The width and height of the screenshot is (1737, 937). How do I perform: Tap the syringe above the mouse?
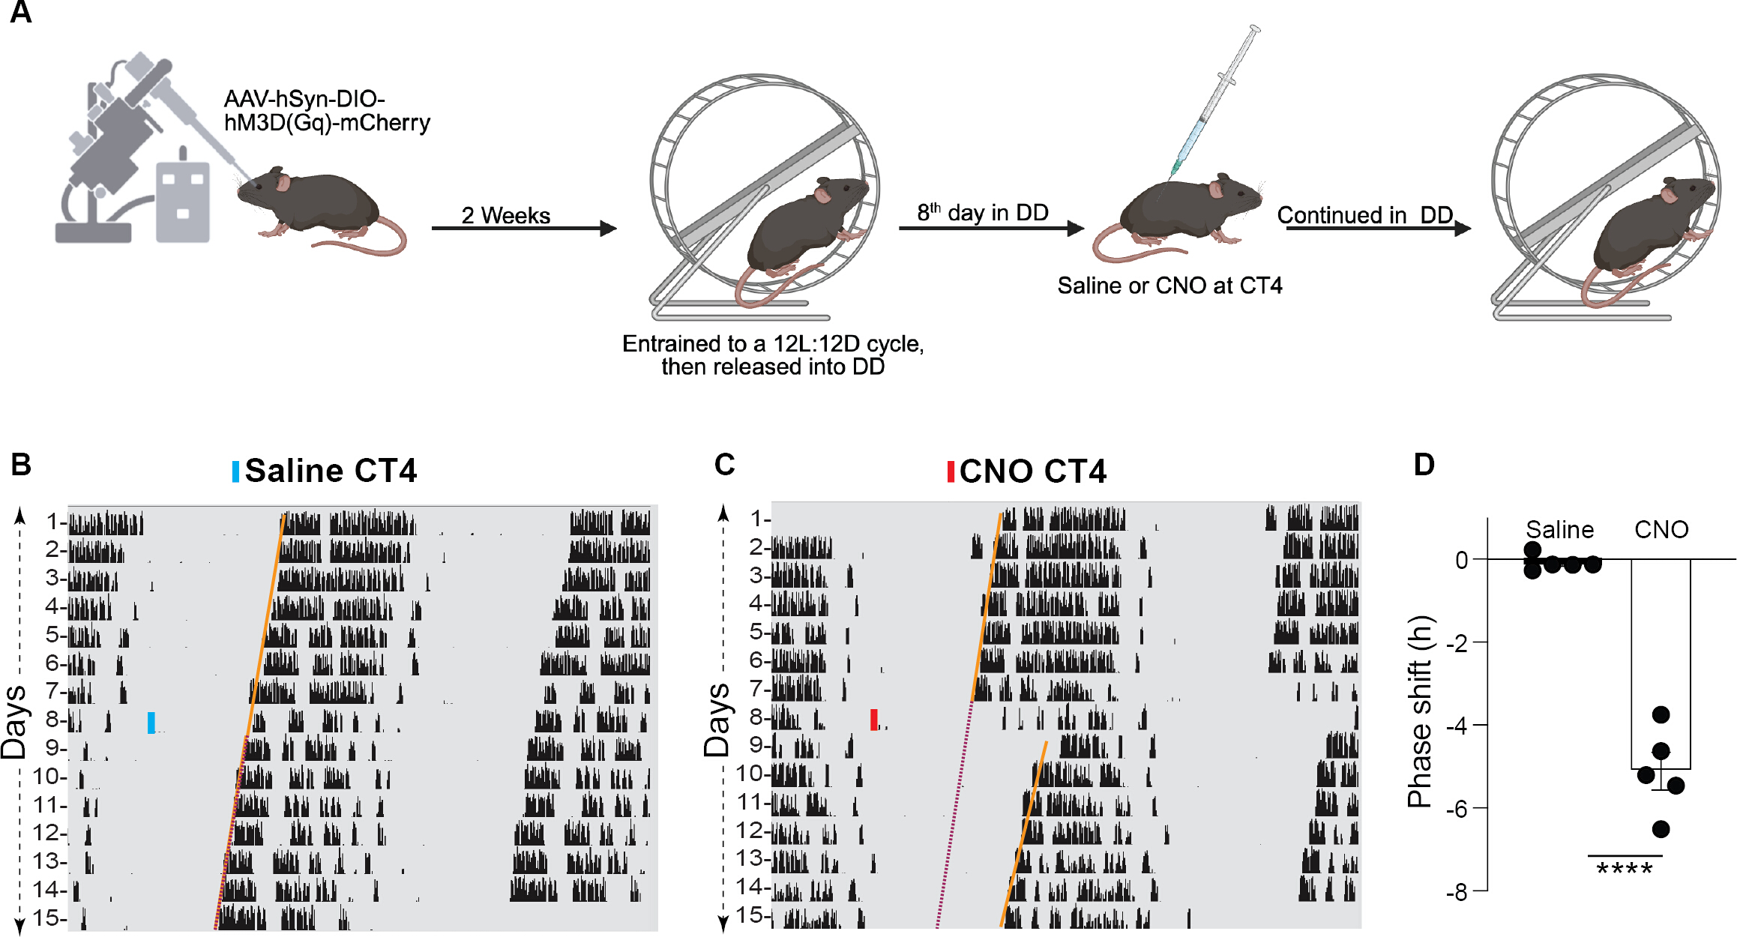coord(1215,101)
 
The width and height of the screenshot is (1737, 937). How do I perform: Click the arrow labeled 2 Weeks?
coord(524,228)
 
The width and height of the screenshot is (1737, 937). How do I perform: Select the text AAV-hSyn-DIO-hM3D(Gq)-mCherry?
coord(327,111)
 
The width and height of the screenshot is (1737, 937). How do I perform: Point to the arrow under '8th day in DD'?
coord(992,228)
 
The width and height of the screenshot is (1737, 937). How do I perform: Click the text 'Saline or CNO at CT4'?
coord(1169,286)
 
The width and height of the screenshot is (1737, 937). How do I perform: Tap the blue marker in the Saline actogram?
coord(151,723)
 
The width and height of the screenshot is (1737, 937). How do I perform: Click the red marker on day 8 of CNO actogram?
coord(874,720)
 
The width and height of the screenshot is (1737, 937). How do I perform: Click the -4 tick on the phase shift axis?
coord(1480,725)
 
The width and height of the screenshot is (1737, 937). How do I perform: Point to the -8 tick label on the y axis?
coord(1457,892)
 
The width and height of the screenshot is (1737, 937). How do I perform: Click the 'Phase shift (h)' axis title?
coord(1420,711)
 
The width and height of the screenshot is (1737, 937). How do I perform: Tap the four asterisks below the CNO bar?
coord(1625,870)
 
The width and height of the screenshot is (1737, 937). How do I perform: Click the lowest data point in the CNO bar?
coord(1661,829)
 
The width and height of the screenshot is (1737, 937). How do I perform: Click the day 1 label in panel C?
coord(758,518)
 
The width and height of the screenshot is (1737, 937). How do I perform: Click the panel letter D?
coord(1424,465)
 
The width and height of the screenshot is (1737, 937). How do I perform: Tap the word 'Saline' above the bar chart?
coord(1560,530)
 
